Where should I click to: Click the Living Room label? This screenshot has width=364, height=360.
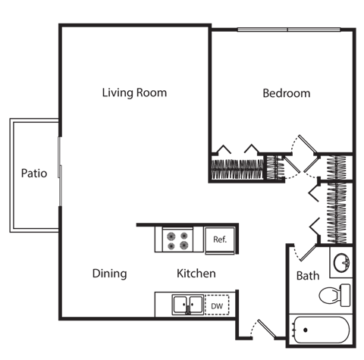pyautogui.click(x=134, y=93)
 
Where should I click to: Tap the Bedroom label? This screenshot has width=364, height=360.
pyautogui.click(x=286, y=93)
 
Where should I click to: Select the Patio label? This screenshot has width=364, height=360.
pyautogui.click(x=33, y=174)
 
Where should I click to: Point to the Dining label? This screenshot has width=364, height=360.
pyautogui.click(x=109, y=274)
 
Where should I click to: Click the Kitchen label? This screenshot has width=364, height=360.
pyautogui.click(x=196, y=274)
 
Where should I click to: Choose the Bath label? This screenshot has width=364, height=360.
pyautogui.click(x=307, y=275)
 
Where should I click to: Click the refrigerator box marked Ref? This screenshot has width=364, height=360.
pyautogui.click(x=221, y=239)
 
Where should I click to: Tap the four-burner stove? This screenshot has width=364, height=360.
pyautogui.click(x=179, y=239)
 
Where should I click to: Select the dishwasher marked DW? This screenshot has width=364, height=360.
pyautogui.click(x=217, y=305)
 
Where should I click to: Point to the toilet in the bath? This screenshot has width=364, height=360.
pyautogui.click(x=334, y=294)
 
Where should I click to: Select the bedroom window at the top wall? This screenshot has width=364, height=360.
pyautogui.click(x=287, y=30)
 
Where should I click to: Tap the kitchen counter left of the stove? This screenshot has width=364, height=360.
pyautogui.click(x=148, y=239)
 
